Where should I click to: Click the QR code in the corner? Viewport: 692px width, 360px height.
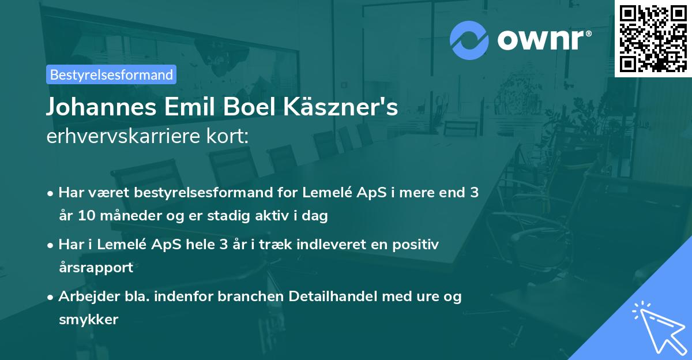pyautogui.click(x=653, y=38)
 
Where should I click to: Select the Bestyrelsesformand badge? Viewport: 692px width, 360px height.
pyautogui.click(x=111, y=74)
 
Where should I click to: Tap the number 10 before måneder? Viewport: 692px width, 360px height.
pyautogui.click(x=84, y=216)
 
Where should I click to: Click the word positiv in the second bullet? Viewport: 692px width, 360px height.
pyautogui.click(x=418, y=245)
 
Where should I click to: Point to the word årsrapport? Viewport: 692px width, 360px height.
pyautogui.click(x=96, y=268)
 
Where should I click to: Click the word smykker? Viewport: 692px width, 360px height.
pyautogui.click(x=88, y=320)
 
